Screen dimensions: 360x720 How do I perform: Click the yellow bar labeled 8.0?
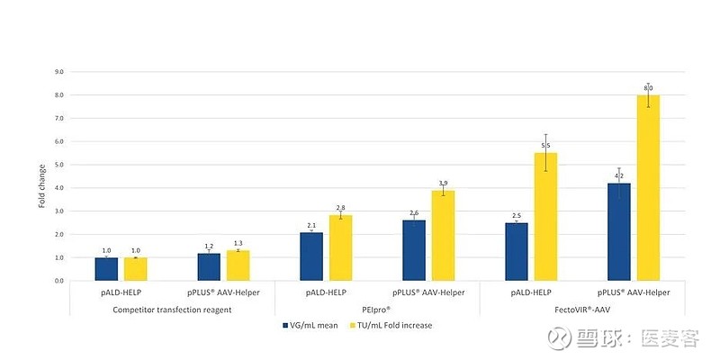(x=648, y=188)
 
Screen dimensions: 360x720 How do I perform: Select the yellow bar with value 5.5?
(x=545, y=217)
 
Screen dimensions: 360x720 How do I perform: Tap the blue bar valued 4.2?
(x=619, y=232)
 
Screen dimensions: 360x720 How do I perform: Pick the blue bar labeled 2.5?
(x=517, y=252)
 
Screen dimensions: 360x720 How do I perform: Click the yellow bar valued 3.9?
(x=443, y=236)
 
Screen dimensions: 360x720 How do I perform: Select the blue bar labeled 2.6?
(x=414, y=250)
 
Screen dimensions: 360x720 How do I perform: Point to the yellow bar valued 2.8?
(x=340, y=248)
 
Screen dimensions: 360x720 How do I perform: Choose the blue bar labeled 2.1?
(x=311, y=256)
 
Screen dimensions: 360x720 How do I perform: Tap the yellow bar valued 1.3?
(x=238, y=265)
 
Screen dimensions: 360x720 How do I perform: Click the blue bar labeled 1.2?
(x=209, y=267)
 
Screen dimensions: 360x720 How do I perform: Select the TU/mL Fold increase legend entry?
(x=393, y=325)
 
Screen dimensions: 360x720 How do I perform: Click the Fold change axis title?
(x=41, y=188)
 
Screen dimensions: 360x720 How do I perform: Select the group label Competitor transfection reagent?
(x=172, y=309)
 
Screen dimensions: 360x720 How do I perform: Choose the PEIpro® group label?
(x=377, y=309)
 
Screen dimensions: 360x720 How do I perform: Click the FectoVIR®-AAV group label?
(x=582, y=309)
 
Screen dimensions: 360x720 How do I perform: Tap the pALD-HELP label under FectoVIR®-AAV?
(x=531, y=293)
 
